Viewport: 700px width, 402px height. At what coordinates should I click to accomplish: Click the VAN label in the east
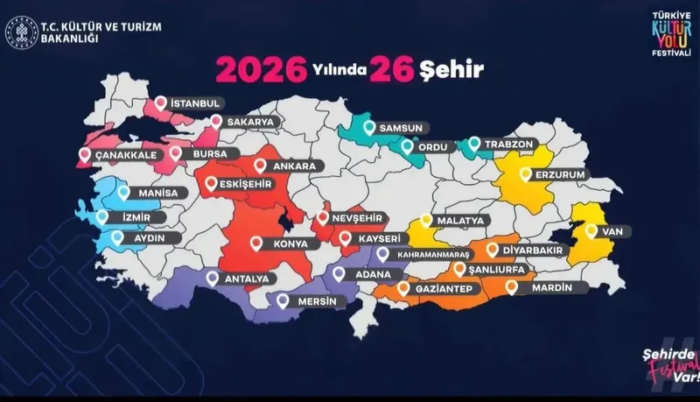click(x=611, y=231)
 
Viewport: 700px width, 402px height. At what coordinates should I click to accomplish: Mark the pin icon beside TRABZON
click(x=474, y=143)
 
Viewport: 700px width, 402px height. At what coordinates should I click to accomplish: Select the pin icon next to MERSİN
click(x=283, y=300)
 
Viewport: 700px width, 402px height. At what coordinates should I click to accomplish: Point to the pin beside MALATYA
click(x=426, y=221)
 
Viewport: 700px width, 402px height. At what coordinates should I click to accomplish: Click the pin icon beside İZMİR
click(x=103, y=216)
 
